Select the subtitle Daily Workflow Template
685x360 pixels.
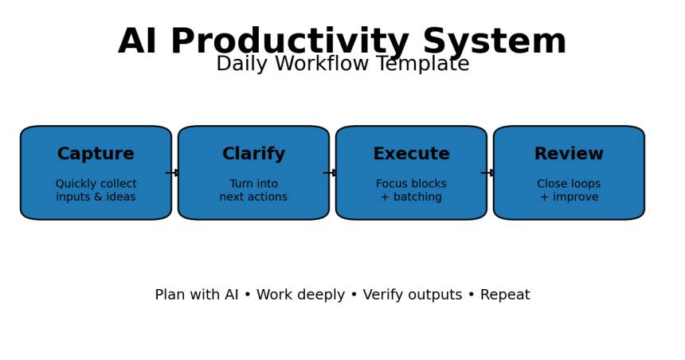[x=342, y=65]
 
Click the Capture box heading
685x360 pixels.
[x=96, y=155]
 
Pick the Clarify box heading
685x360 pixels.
[x=253, y=155]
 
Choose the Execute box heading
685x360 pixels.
[x=411, y=155]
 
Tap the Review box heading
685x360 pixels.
[x=569, y=155]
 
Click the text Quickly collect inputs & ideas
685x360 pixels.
[x=96, y=191]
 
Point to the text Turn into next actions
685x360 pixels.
[x=253, y=191]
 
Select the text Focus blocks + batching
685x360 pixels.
[x=411, y=191]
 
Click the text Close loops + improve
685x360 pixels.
[x=569, y=191]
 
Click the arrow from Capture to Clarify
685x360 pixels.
[x=174, y=173]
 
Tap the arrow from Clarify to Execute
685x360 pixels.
[x=331, y=173]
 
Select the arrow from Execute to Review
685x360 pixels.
[x=489, y=173]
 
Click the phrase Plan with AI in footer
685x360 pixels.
[x=196, y=295]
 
